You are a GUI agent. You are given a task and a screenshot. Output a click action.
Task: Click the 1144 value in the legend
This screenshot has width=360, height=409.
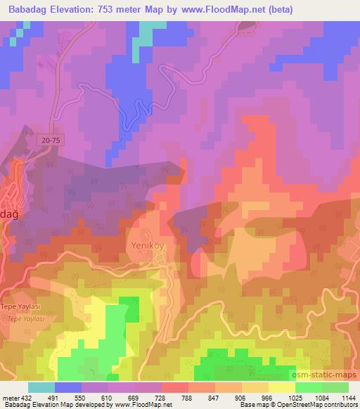348,398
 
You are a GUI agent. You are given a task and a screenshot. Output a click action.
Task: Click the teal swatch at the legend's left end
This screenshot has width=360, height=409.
41,387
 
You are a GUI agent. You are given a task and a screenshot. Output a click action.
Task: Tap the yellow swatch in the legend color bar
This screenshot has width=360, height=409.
282,387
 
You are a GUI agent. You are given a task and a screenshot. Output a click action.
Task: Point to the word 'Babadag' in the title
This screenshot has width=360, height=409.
27,9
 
